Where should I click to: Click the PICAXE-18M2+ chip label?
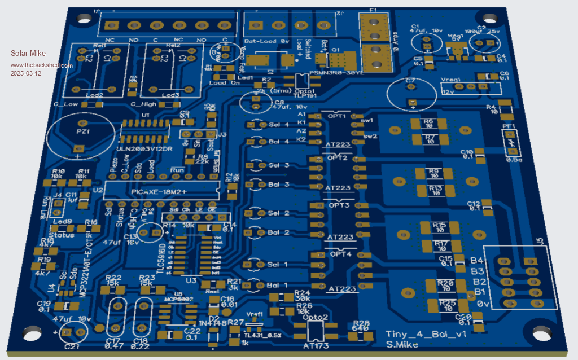[x=159, y=192]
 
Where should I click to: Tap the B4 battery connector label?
[x=478, y=261]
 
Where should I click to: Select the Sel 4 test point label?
[x=278, y=124]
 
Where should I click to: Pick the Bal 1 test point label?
[x=278, y=285]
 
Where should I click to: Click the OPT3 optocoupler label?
[x=340, y=205]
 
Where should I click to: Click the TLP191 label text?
[x=304, y=96]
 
